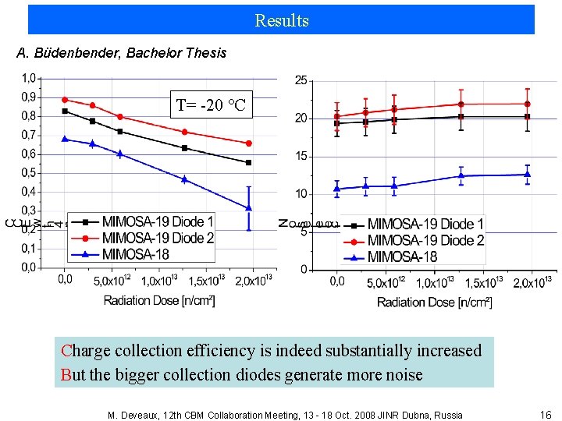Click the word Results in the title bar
tap(281, 20)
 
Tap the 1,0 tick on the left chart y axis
tap(27, 78)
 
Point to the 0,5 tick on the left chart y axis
tap(27, 173)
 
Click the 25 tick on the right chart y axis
tap(301, 80)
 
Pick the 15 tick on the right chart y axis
tap(301, 156)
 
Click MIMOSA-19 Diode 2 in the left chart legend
tap(158, 238)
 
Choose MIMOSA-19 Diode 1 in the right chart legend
tap(426, 224)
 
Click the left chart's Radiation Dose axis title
tap(159, 300)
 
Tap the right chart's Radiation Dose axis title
tap(434, 302)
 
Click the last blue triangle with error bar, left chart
tap(249, 207)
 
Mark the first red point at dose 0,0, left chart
tap(65, 100)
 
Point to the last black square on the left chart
tap(249, 162)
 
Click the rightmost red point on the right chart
tap(528, 104)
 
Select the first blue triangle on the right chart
tap(336, 189)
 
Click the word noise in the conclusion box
tap(400, 375)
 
